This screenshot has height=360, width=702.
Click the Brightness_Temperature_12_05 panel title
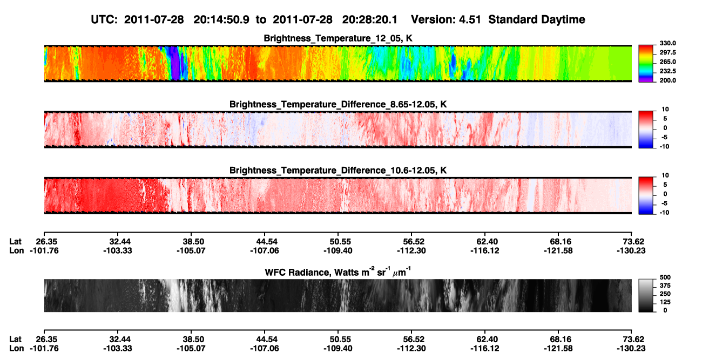pos(338,38)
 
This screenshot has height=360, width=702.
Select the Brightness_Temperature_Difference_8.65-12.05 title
pos(338,104)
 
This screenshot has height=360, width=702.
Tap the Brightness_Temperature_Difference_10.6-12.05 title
pos(338,171)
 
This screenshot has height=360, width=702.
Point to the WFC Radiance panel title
pos(338,272)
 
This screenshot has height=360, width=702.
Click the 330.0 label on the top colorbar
pos(667,43)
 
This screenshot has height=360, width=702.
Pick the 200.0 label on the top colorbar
pos(667,80)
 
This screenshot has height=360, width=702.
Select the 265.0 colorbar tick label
pos(667,62)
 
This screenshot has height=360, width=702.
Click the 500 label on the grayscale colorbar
pos(665,277)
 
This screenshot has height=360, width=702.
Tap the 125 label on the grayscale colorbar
pos(665,302)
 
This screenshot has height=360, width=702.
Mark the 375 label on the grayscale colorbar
pos(665,286)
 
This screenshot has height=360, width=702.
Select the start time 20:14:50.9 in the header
pos(221,20)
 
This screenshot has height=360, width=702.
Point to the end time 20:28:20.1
pos(370,20)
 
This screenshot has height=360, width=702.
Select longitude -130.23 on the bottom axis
pos(631,349)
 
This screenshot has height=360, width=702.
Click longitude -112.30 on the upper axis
pos(411,250)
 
